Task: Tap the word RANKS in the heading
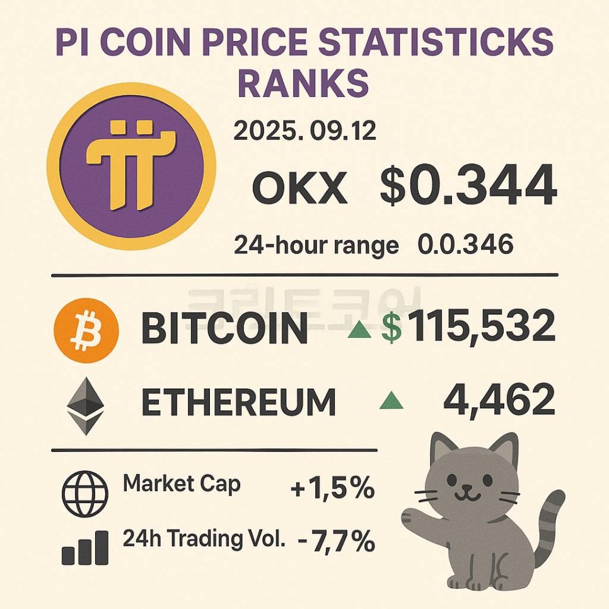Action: [x=303, y=83]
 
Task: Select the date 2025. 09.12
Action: [x=304, y=131]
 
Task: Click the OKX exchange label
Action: [x=299, y=188]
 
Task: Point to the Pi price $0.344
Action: [x=468, y=186]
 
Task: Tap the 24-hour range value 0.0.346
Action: [x=465, y=245]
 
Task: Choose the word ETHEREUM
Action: [x=238, y=402]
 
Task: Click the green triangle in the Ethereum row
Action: [x=391, y=400]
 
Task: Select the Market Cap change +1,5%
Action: [x=332, y=489]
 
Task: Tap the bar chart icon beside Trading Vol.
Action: [x=85, y=547]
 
